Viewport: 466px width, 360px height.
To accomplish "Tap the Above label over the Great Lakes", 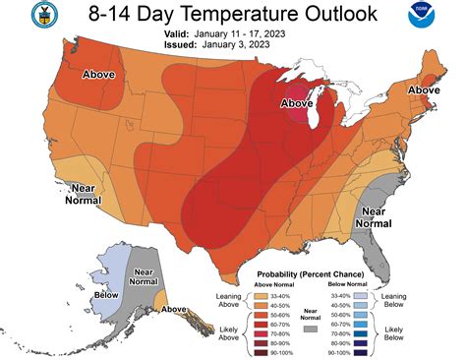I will coord(297,102).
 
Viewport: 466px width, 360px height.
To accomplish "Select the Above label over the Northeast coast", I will coord(424,90).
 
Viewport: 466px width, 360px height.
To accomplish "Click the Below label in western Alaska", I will coord(100,292).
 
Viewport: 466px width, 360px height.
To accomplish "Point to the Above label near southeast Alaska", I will coord(174,309).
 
